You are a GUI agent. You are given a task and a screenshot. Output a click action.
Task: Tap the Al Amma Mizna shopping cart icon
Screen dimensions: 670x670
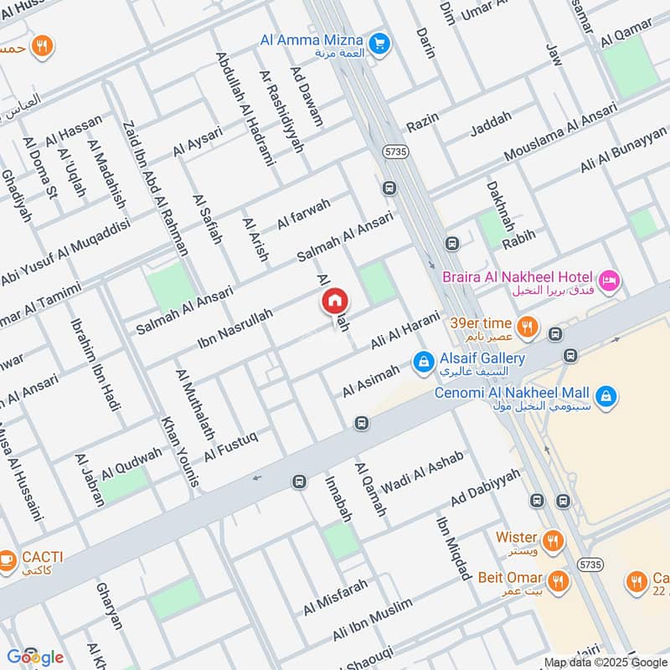pyautogui.click(x=379, y=41)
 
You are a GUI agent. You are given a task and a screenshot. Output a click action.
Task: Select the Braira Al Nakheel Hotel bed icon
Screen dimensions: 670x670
pyautogui.click(x=609, y=278)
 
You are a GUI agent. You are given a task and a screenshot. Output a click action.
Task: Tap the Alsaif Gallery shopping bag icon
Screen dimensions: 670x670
pyautogui.click(x=424, y=361)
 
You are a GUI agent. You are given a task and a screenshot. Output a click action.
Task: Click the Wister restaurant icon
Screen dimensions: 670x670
pyautogui.click(x=551, y=538)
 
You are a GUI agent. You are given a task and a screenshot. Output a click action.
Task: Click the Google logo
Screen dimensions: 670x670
pyautogui.click(x=34, y=657)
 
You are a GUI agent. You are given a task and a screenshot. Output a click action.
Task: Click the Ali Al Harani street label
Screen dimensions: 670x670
pyautogui.click(x=405, y=331)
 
